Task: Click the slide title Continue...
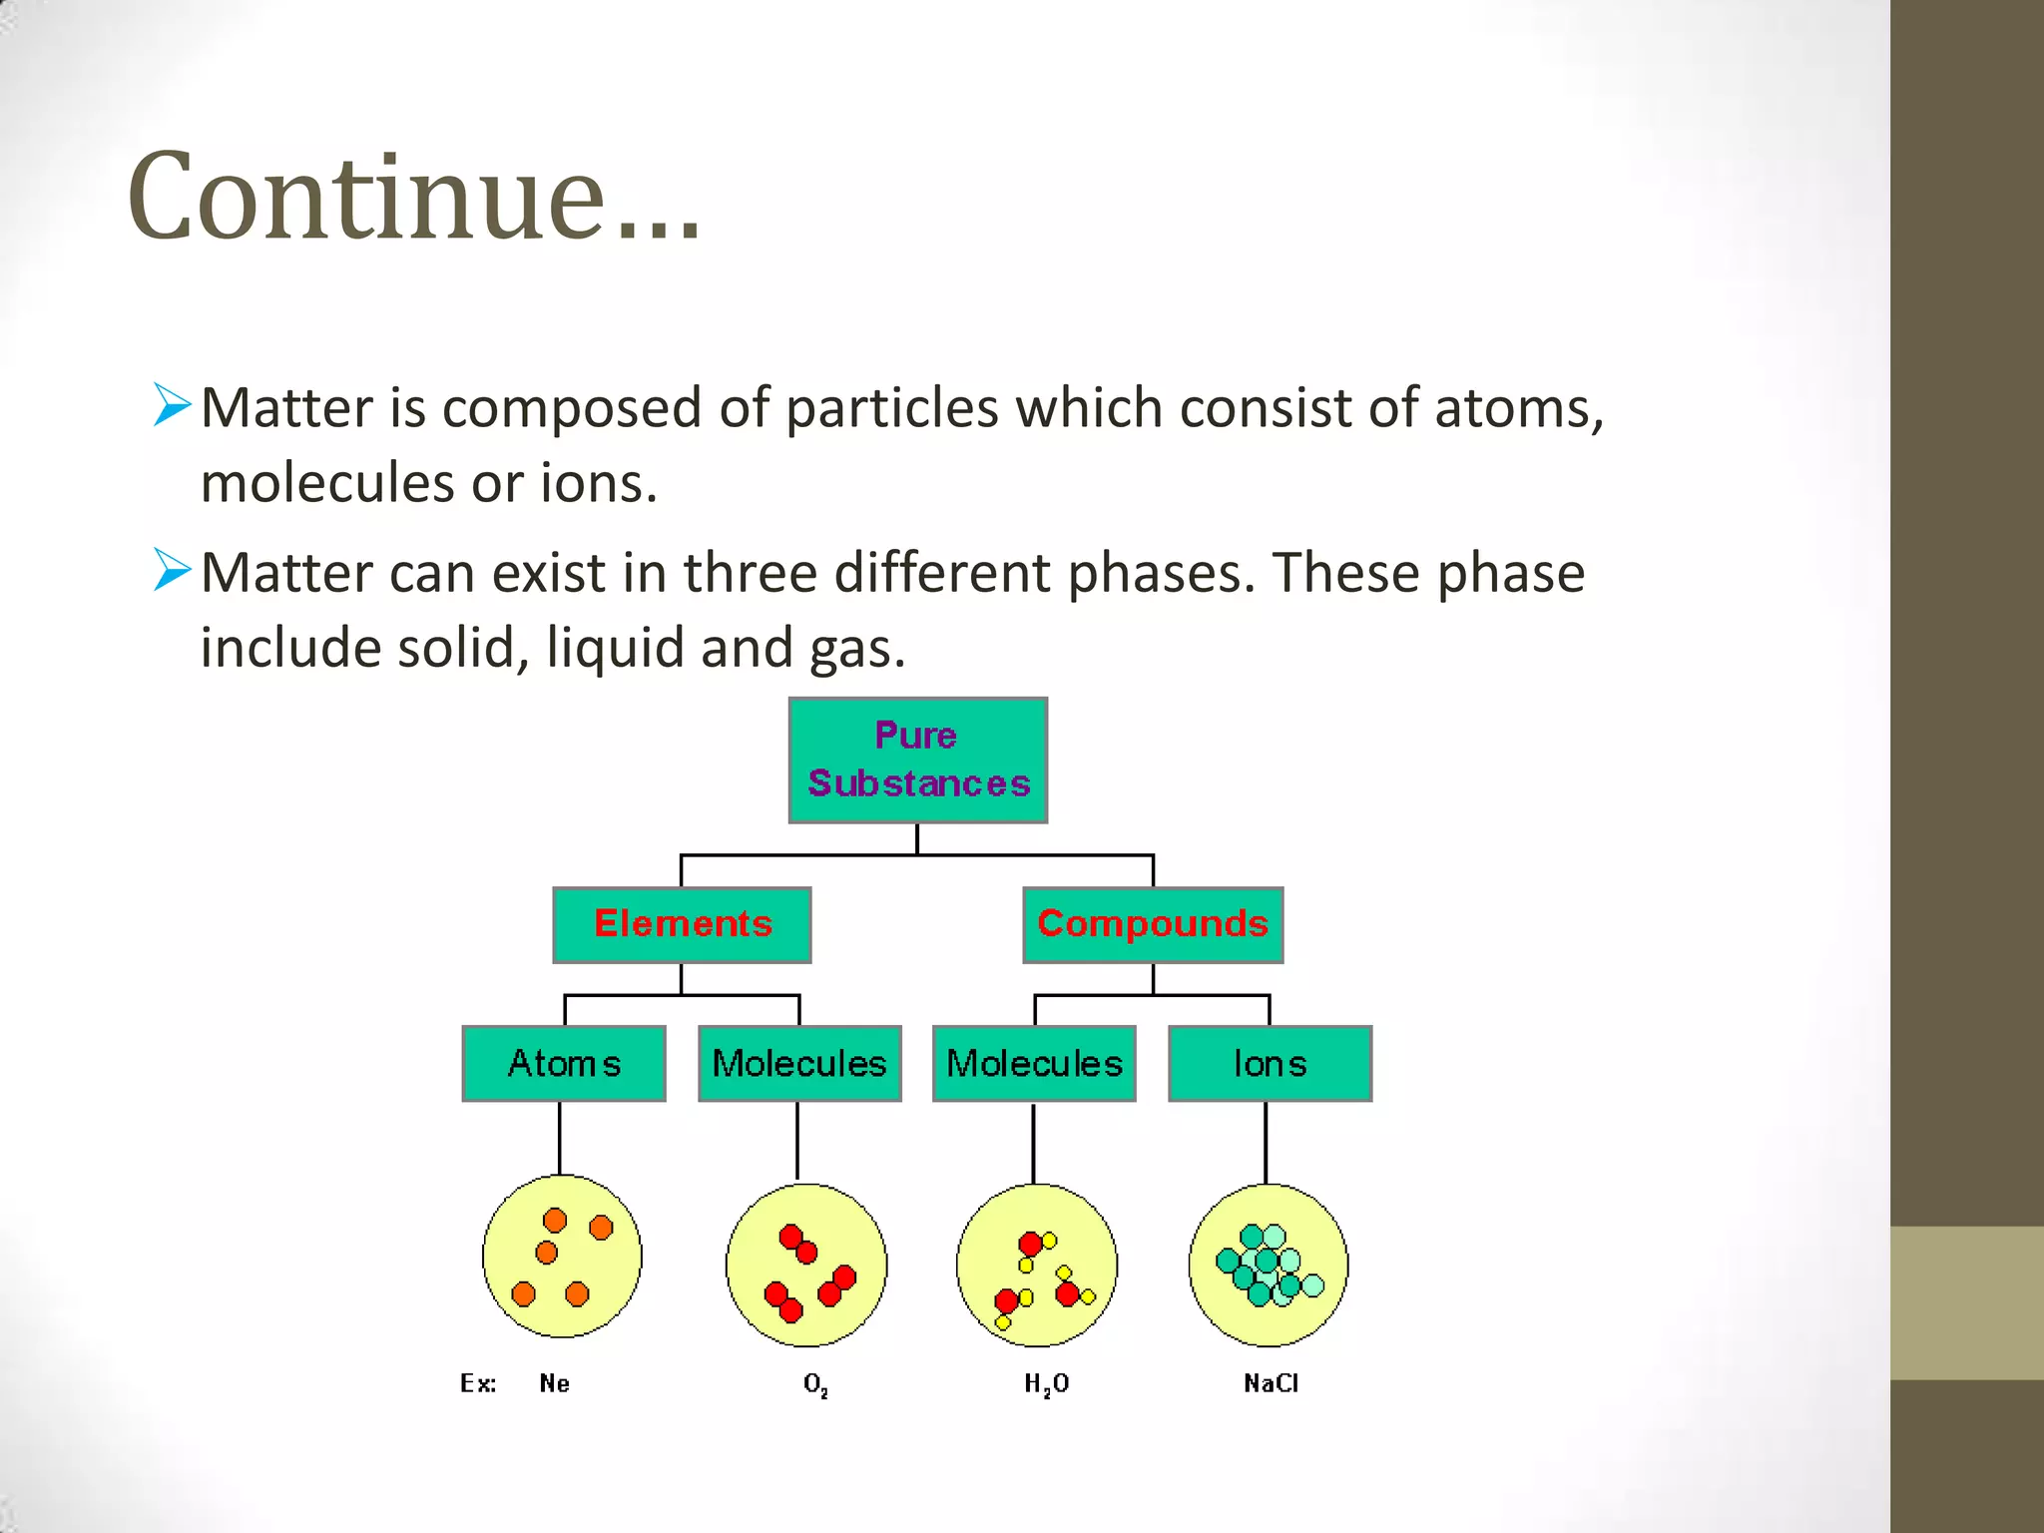point(414,196)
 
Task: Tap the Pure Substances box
point(917,761)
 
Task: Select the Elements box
point(682,924)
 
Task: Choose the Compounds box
point(1153,924)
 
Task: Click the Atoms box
point(564,1064)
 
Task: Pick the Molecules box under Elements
point(799,1064)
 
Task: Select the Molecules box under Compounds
point(1034,1064)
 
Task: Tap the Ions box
point(1270,1064)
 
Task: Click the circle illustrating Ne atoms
point(562,1257)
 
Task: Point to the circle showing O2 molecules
point(805,1265)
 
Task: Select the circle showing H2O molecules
point(1036,1265)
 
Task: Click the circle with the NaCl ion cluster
point(1269,1265)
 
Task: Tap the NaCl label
point(1271,1383)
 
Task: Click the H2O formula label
point(1046,1384)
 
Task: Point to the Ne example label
point(554,1383)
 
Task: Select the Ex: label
point(478,1383)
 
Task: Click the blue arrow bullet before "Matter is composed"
point(172,405)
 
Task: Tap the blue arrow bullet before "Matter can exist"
point(172,570)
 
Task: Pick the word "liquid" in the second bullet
point(612,649)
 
